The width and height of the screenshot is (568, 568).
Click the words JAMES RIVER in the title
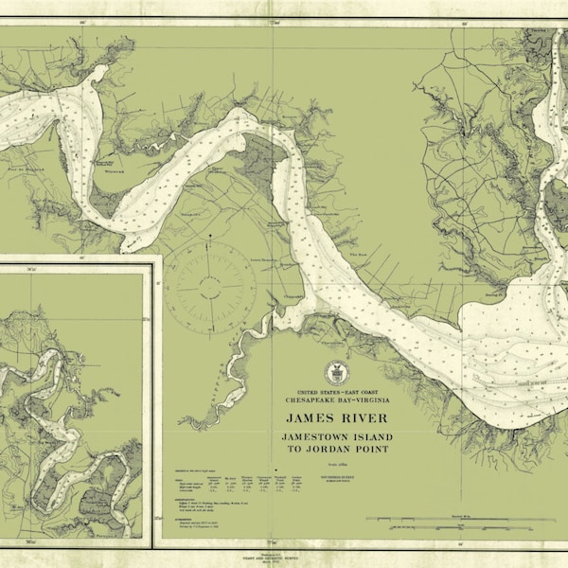[336, 416]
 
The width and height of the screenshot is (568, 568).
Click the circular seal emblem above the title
[336, 372]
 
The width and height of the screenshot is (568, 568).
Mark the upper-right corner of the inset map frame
[153, 257]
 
